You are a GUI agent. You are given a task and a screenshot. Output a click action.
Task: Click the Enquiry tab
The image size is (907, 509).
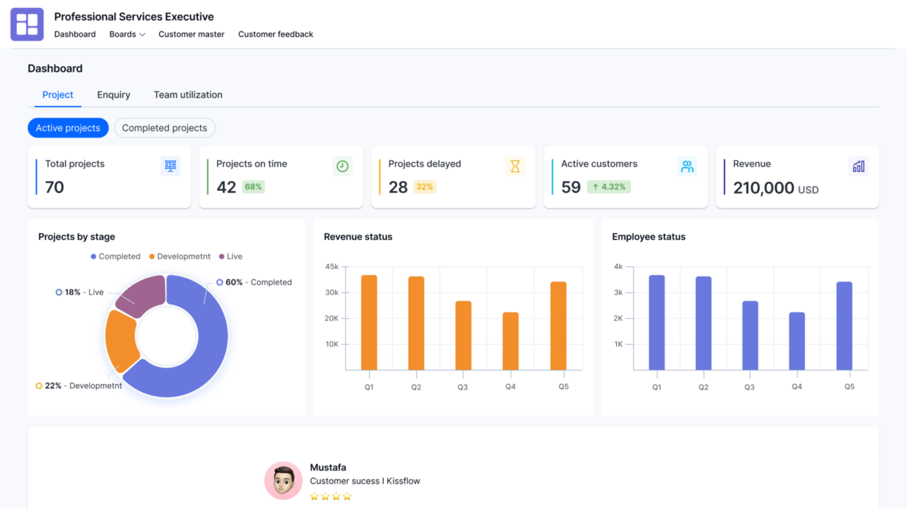tap(113, 95)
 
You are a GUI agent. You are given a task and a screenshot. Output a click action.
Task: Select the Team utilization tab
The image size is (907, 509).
tap(188, 95)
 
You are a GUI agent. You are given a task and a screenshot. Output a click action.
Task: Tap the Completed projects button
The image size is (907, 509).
tap(164, 128)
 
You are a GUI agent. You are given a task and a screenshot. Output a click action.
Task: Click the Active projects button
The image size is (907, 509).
tap(68, 128)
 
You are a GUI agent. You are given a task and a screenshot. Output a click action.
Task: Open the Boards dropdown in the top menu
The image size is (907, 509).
tap(126, 34)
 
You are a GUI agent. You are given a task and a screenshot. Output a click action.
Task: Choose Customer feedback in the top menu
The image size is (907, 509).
tap(275, 34)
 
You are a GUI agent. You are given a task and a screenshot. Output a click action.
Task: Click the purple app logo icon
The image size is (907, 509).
tap(27, 24)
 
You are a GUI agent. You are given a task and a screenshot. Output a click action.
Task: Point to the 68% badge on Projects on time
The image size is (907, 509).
tap(253, 187)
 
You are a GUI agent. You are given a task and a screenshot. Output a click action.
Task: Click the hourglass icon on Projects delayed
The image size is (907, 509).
tap(515, 166)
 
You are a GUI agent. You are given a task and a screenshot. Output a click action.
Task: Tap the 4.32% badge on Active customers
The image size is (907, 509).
tap(609, 187)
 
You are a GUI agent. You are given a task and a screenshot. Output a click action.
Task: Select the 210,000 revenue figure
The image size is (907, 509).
tap(763, 188)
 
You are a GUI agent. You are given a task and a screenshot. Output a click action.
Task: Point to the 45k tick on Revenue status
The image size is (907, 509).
tap(332, 267)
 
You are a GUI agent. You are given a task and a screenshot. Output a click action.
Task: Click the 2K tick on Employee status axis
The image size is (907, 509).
tap(618, 318)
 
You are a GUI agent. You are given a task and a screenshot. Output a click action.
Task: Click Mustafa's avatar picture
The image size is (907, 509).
tap(283, 480)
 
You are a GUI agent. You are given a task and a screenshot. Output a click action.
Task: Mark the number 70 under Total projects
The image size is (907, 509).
tap(54, 188)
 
